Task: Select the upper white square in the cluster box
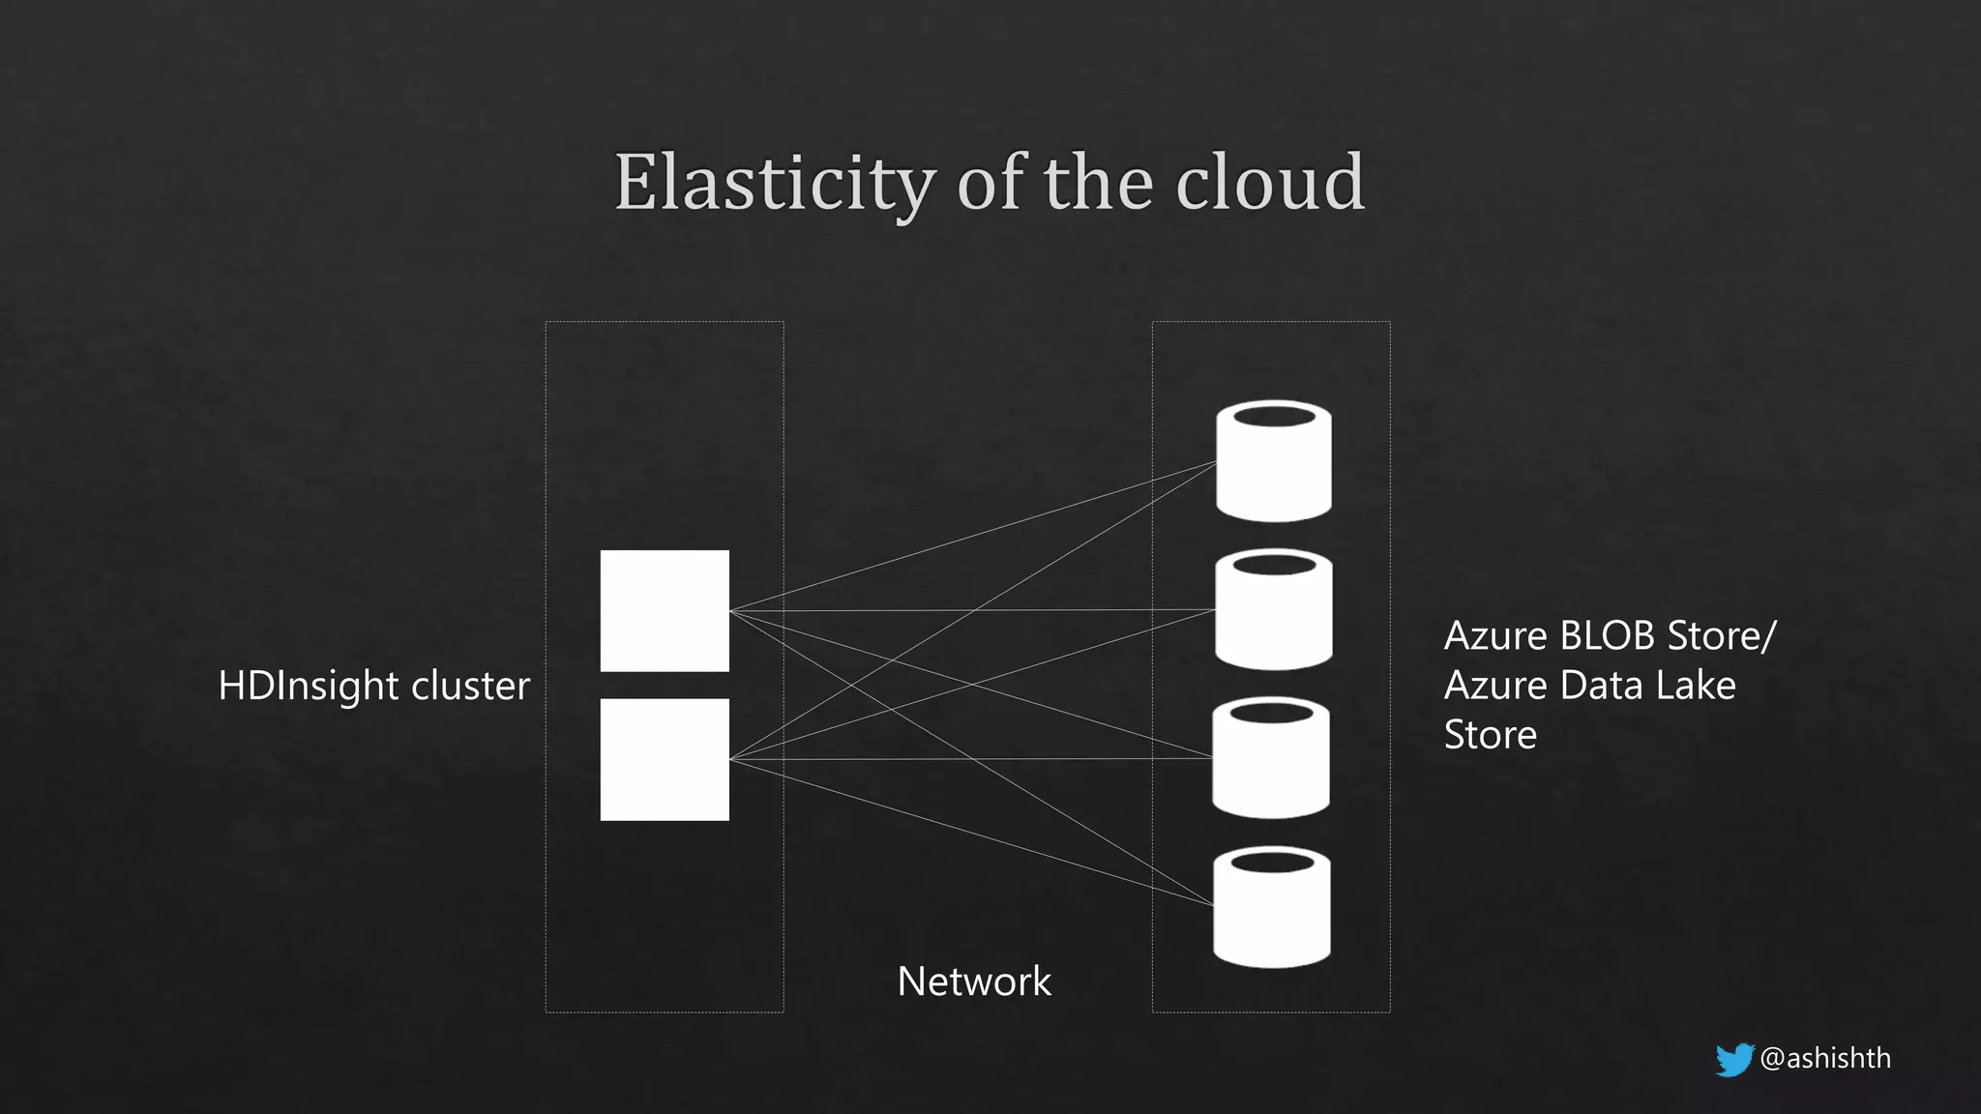pos(665,610)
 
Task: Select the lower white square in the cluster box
pos(665,759)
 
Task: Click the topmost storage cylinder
pos(1273,469)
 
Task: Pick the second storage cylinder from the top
pos(1273,617)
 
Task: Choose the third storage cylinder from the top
pos(1270,766)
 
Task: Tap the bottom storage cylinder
pos(1271,915)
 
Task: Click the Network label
pos(973,982)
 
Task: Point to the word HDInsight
pos(308,687)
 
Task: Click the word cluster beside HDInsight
pos(470,686)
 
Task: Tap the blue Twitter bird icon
pos(1733,1059)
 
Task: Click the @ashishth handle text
pos(1825,1058)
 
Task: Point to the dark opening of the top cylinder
pos(1274,417)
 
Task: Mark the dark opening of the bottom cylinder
pos(1272,862)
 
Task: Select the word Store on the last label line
pos(1490,735)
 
